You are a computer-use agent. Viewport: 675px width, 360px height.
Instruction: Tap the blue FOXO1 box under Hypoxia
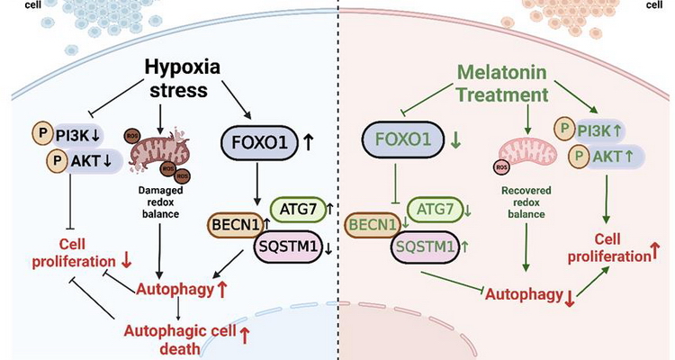tap(256, 142)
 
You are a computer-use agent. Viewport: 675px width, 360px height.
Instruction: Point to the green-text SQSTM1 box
tap(427, 244)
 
